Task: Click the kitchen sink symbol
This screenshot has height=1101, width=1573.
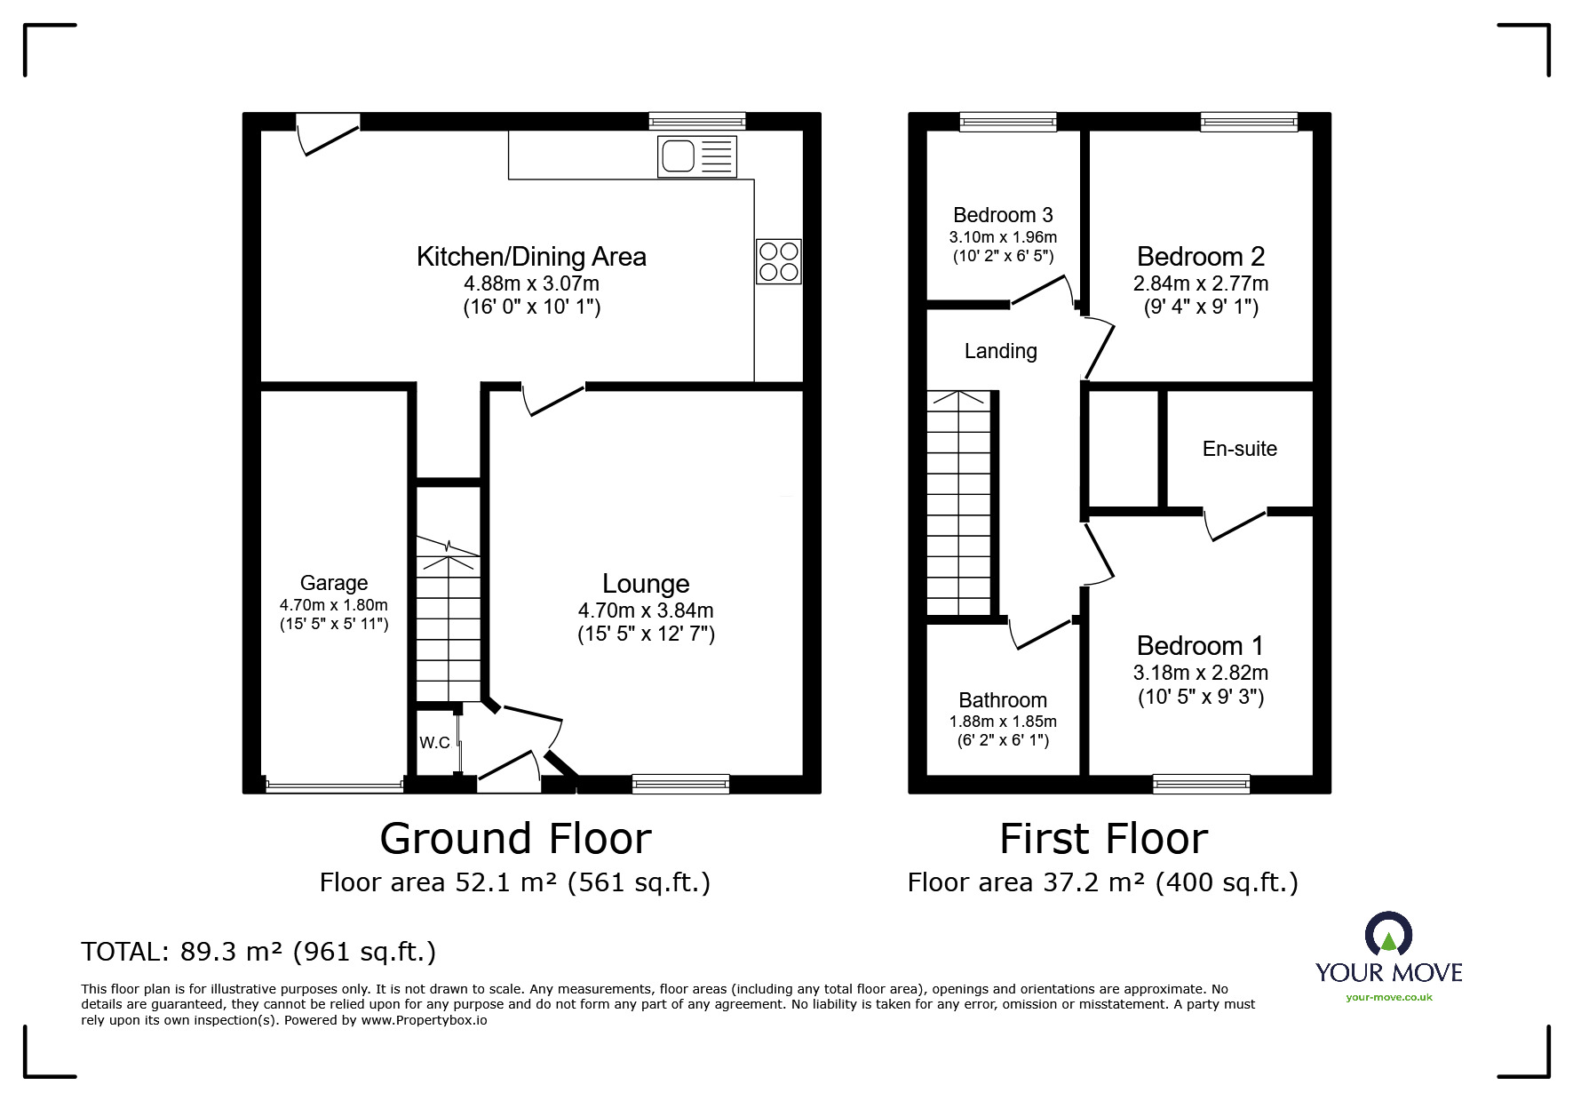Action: click(697, 156)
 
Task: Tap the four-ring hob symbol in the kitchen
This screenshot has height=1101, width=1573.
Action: click(778, 261)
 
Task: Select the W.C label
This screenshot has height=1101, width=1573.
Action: click(434, 743)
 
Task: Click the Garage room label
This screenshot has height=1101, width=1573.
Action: click(334, 583)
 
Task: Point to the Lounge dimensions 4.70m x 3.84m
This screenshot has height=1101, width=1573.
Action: click(646, 610)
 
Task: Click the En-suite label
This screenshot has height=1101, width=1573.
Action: click(1239, 449)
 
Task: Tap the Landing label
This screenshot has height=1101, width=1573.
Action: click(1000, 351)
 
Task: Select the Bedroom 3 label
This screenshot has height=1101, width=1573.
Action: click(1003, 215)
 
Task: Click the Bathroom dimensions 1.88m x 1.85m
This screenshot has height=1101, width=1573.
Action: click(1003, 722)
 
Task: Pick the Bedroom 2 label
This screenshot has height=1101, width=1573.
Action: click(1200, 257)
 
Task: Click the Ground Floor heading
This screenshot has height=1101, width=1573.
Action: click(515, 838)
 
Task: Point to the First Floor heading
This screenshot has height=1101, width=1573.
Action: click(1103, 838)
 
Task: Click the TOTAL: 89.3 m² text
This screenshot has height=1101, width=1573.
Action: click(258, 952)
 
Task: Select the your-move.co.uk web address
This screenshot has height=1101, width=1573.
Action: click(1388, 997)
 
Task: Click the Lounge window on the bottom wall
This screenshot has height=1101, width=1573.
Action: click(680, 784)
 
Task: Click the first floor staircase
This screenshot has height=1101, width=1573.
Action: click(958, 503)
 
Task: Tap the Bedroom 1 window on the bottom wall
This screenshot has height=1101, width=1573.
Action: click(1201, 784)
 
